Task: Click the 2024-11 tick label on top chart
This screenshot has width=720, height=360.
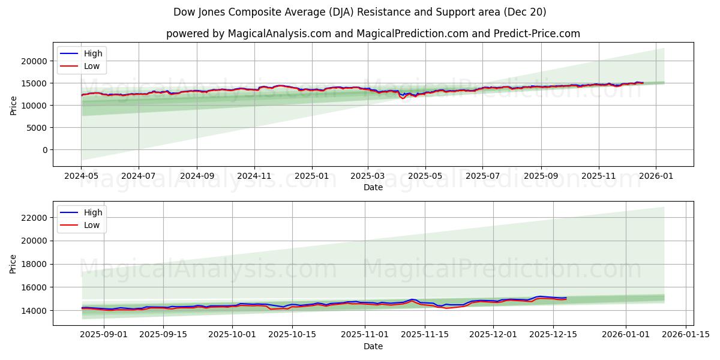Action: coord(254,177)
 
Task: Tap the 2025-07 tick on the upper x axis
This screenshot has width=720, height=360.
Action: coord(483,177)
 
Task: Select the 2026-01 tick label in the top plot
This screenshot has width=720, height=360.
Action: coord(655,177)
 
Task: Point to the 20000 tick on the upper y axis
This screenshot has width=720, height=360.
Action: coord(34,61)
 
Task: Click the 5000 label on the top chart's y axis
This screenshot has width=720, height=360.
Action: coord(37,128)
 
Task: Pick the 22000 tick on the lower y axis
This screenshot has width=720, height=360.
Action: coord(34,218)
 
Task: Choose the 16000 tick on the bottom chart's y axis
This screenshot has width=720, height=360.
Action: coord(34,287)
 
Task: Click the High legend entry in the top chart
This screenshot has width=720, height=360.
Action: coord(93,53)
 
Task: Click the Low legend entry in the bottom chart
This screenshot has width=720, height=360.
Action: coord(92,225)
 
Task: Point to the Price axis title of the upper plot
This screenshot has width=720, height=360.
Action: coord(14,105)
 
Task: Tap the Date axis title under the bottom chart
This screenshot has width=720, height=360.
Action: coord(373,346)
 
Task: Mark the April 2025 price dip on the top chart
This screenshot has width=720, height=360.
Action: coord(403,97)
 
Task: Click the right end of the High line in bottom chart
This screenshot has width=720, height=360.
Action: coord(566,298)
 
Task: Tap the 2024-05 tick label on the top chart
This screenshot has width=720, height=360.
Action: coord(81,177)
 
